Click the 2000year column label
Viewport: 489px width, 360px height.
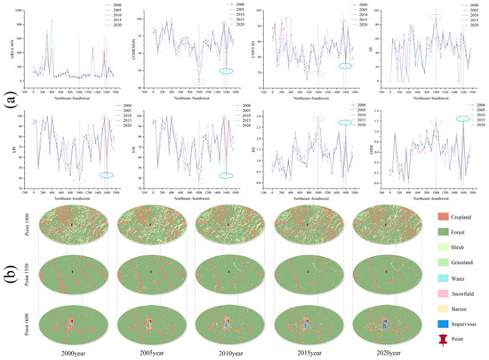tap(67, 353)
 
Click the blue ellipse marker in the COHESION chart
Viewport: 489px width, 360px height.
tap(227, 70)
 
